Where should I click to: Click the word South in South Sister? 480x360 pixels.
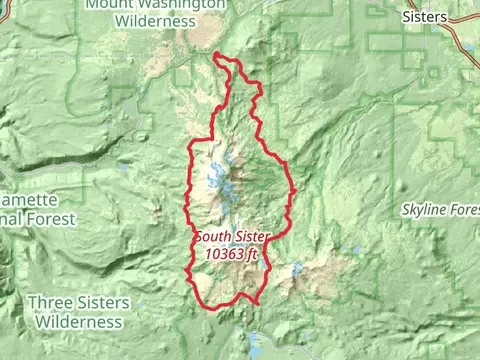click(214, 238)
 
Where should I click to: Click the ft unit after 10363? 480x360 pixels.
click(252, 254)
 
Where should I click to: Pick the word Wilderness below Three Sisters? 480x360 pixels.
click(79, 322)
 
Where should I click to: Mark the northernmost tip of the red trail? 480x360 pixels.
click(217, 53)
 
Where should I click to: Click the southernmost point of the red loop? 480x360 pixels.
click(255, 303)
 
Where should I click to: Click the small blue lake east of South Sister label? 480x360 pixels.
click(296, 269)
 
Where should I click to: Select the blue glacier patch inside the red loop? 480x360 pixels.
click(217, 180)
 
